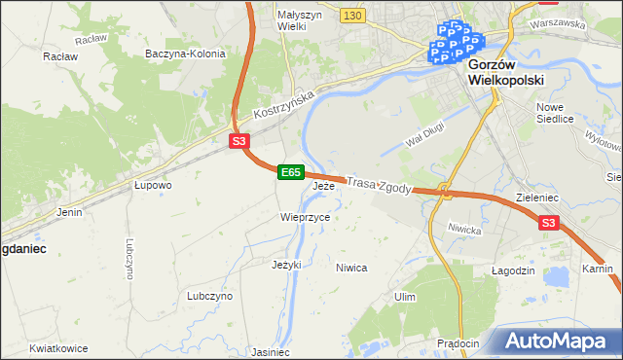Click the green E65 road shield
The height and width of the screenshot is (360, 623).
click(290, 172)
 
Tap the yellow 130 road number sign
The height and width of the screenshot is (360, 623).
click(353, 16)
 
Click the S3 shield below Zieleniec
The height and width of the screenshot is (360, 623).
click(549, 224)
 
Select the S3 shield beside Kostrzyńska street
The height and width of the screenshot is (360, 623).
click(239, 142)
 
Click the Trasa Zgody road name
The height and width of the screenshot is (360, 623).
click(381, 185)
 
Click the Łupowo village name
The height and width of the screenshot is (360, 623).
click(153, 184)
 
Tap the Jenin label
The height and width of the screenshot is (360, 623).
click(69, 211)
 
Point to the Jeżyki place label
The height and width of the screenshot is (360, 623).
click(287, 264)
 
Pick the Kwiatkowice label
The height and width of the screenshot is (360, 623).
click(58, 347)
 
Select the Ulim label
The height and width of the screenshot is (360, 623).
click(406, 296)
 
